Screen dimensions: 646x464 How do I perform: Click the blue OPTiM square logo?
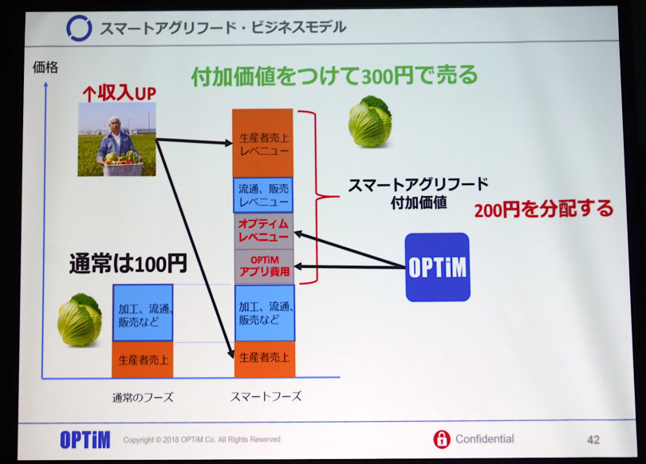(x=438, y=267)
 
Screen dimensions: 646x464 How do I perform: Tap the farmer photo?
(x=117, y=140)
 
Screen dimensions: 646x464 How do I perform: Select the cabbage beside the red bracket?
(x=370, y=121)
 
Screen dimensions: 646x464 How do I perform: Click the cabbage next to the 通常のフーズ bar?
(x=80, y=320)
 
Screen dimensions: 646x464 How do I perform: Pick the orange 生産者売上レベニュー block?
(x=263, y=144)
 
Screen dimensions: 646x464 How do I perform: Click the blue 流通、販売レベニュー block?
(x=263, y=195)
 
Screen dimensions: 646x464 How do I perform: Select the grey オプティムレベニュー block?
(x=264, y=231)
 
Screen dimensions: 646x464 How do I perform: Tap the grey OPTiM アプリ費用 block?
(x=264, y=266)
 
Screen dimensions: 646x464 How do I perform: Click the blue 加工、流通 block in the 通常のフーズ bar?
(x=143, y=313)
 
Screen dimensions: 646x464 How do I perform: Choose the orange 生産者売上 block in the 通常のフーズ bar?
(x=143, y=360)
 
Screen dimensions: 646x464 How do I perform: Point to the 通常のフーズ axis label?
(x=143, y=397)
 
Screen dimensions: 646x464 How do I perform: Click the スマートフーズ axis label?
(x=266, y=396)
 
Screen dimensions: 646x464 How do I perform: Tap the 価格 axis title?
(x=45, y=67)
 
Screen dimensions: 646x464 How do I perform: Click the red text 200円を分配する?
(x=544, y=209)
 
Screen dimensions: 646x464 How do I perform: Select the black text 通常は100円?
(x=128, y=264)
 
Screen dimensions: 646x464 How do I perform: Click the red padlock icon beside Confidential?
(x=442, y=438)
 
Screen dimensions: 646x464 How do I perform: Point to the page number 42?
(x=593, y=440)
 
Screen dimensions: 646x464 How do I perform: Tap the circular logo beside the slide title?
(x=79, y=29)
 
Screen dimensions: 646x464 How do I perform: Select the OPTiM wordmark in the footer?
(x=85, y=440)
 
